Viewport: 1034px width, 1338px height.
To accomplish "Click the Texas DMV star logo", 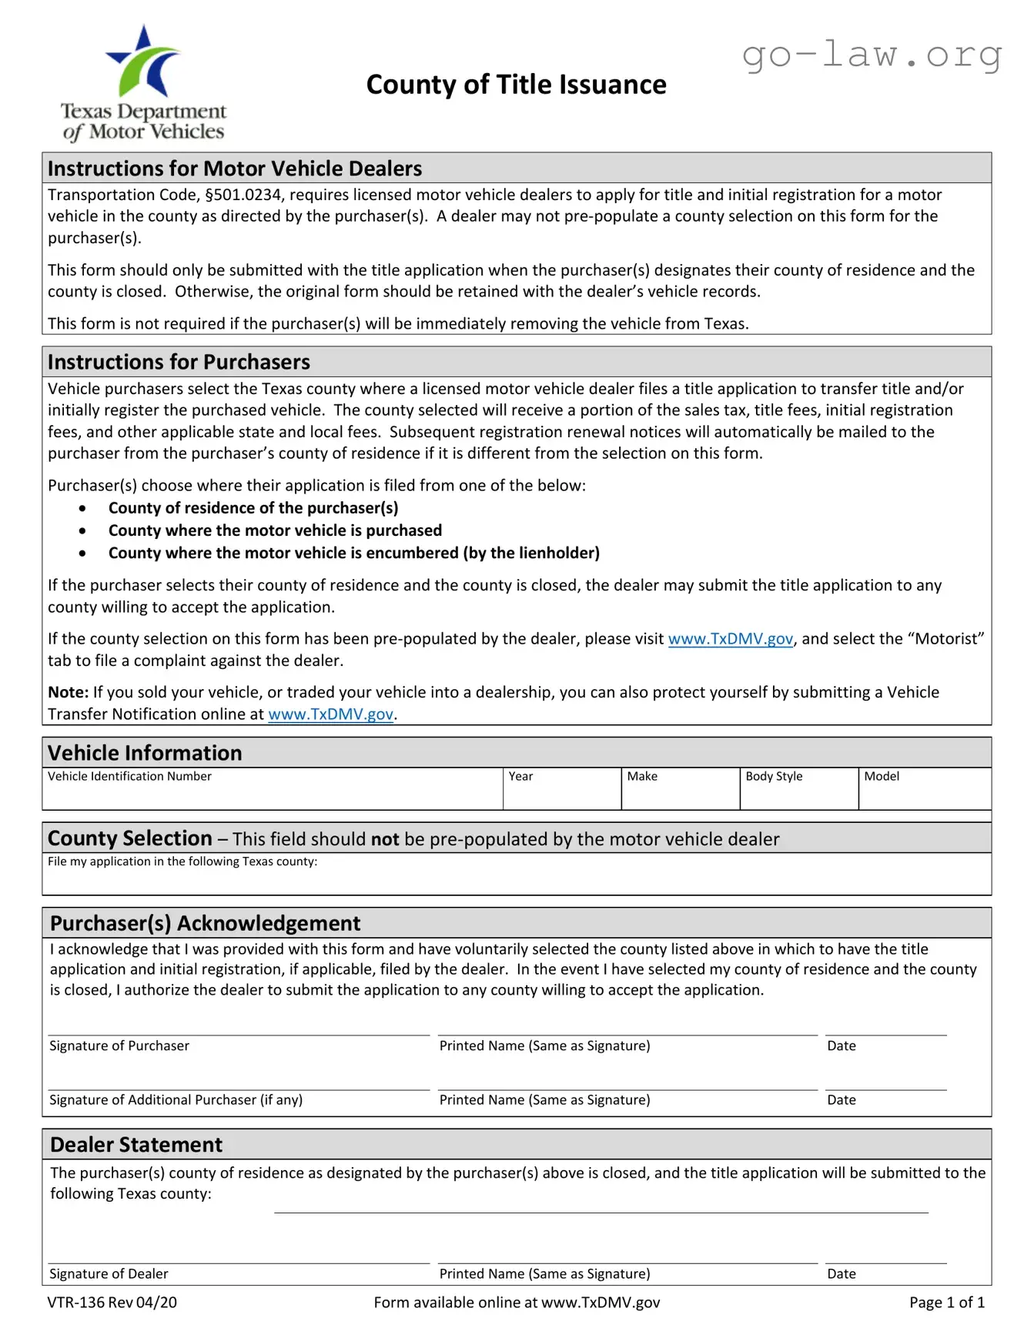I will pyautogui.click(x=144, y=62).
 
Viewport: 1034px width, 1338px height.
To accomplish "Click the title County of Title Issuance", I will pyautogui.click(x=516, y=85).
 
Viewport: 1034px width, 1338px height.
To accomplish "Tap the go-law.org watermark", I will pyautogui.click(x=872, y=55).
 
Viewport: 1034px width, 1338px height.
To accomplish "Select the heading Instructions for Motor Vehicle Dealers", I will pyautogui.click(x=235, y=169).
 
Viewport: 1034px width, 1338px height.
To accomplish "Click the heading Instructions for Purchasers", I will pyautogui.click(x=179, y=362).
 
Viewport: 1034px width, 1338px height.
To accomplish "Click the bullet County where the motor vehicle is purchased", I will pyautogui.click(x=275, y=530).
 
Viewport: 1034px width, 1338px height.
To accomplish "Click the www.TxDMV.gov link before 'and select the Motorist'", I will pyautogui.click(x=730, y=639).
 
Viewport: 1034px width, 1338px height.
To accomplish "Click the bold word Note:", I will pyautogui.click(x=68, y=692).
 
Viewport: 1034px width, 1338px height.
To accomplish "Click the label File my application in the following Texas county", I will pyautogui.click(x=182, y=861).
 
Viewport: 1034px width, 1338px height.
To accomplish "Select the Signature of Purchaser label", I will pyautogui.click(x=119, y=1045).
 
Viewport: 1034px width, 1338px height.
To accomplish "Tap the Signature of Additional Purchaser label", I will pyautogui.click(x=176, y=1100).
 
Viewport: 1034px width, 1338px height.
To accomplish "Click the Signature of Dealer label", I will pyautogui.click(x=109, y=1274).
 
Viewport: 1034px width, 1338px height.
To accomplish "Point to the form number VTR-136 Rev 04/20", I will pyautogui.click(x=112, y=1303).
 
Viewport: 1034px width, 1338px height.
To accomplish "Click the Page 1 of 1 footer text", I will pyautogui.click(x=946, y=1303).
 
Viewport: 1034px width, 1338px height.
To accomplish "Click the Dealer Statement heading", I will pyautogui.click(x=136, y=1145).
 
